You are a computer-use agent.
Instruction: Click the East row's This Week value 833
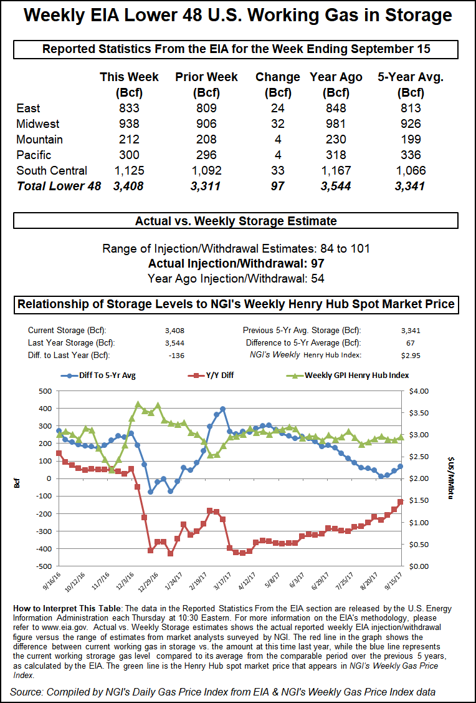tap(129, 108)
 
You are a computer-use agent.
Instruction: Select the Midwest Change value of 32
tap(277, 124)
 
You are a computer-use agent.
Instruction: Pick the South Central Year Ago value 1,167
tap(336, 170)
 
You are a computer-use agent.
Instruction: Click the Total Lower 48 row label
tap(59, 186)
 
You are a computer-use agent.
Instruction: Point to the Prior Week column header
tap(206, 77)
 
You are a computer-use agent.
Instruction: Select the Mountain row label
tap(39, 139)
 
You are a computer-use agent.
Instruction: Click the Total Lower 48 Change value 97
tap(277, 186)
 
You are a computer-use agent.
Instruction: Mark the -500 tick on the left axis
tap(44, 566)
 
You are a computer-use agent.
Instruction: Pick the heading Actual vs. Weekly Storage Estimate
tap(236, 221)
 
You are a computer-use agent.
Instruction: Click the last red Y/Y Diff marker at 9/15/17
tap(401, 502)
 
